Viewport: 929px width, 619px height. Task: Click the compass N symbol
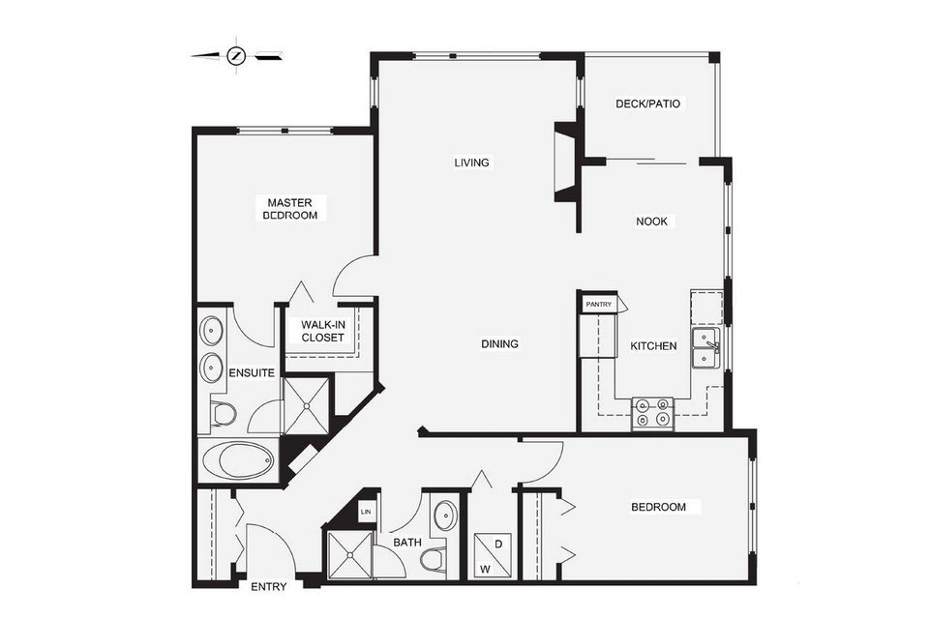(236, 56)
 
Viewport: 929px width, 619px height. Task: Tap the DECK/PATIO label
(647, 103)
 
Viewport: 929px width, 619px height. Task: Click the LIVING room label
(471, 162)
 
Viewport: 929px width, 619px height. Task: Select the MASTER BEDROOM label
(289, 209)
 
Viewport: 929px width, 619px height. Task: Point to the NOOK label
(651, 221)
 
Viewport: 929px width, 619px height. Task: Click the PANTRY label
(598, 305)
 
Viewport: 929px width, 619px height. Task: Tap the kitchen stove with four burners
(653, 413)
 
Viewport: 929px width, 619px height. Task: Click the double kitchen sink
(705, 348)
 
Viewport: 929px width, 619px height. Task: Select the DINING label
(499, 343)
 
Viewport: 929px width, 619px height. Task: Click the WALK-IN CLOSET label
(322, 331)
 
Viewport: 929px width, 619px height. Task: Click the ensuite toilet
(223, 414)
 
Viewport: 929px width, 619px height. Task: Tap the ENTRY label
(269, 587)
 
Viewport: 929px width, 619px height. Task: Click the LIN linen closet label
(366, 512)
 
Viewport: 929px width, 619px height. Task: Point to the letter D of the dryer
(498, 544)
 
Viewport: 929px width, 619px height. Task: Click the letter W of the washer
(485, 570)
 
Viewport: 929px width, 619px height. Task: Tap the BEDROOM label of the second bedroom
(658, 507)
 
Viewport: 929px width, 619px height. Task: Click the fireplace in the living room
(566, 162)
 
